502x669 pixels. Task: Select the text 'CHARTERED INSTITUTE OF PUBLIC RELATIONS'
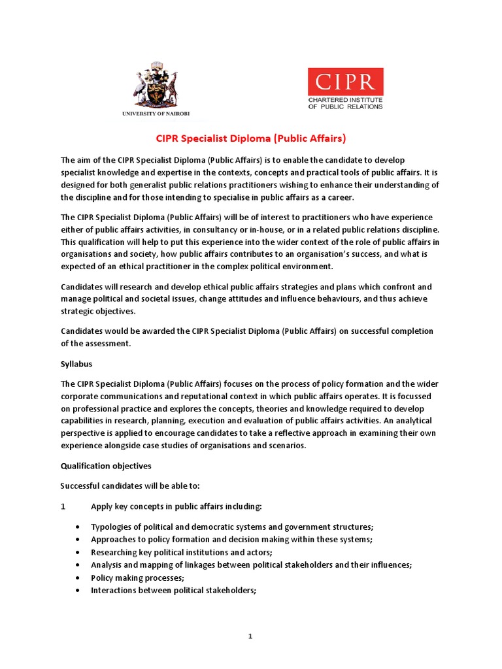[x=346, y=103]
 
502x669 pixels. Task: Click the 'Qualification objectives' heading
[x=105, y=466]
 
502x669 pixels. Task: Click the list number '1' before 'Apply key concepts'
[x=63, y=506]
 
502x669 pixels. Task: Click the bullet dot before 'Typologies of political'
[x=78, y=527]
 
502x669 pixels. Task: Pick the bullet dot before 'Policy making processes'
[x=78, y=578]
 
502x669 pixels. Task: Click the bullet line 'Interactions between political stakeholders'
[x=173, y=590]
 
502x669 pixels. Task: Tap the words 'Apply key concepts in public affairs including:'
[x=176, y=506]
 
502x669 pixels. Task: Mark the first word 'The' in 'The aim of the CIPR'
[x=68, y=160]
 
